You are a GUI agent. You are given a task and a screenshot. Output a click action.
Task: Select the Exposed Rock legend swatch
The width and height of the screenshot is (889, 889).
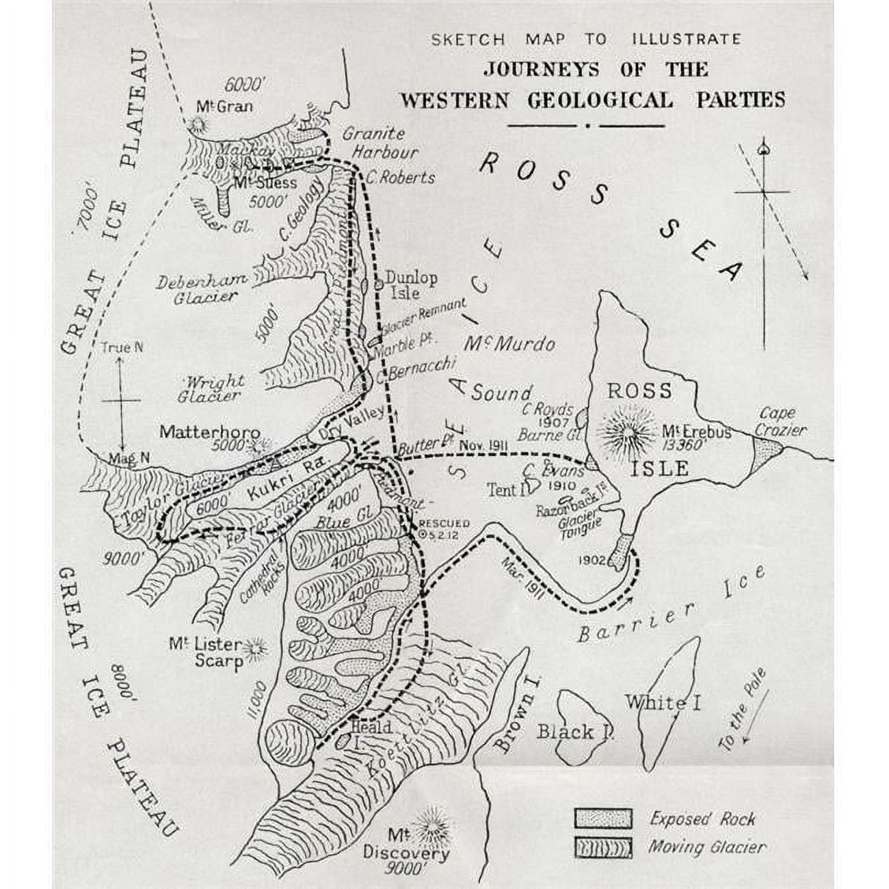pyautogui.click(x=602, y=818)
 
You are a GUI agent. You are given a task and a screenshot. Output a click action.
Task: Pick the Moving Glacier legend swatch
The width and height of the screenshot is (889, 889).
pyautogui.click(x=602, y=847)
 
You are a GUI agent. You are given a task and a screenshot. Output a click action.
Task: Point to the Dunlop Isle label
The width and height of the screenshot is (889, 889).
pyautogui.click(x=411, y=285)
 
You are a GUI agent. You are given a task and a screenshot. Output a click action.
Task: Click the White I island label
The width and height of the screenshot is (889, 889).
pyautogui.click(x=662, y=702)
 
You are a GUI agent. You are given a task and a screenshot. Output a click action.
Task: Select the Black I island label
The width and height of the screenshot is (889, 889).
pyautogui.click(x=574, y=732)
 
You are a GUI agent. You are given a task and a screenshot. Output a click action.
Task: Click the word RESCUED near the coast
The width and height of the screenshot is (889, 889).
pyautogui.click(x=443, y=524)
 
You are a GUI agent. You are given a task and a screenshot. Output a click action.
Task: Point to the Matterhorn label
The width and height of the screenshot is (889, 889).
pyautogui.click(x=209, y=432)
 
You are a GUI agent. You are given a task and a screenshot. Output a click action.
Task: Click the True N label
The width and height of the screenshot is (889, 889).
pyautogui.click(x=121, y=347)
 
